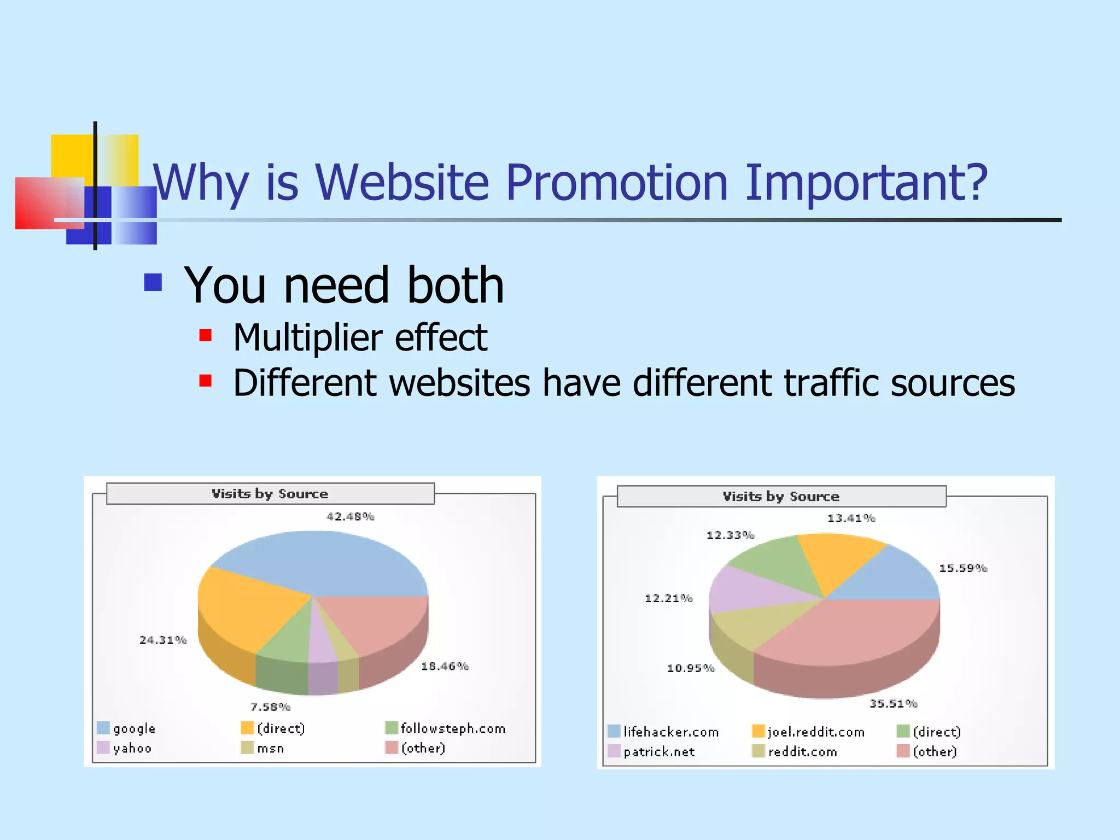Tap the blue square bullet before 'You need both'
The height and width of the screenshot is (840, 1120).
pyautogui.click(x=153, y=282)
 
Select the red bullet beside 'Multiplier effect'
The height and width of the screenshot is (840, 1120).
pyautogui.click(x=205, y=335)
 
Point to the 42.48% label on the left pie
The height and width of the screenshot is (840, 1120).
pyautogui.click(x=350, y=517)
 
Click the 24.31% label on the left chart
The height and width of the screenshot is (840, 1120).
pyautogui.click(x=163, y=640)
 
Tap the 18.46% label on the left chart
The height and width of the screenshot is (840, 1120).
pyautogui.click(x=445, y=666)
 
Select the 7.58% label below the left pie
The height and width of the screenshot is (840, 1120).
pyautogui.click(x=270, y=707)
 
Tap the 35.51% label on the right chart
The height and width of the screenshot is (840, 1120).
pyautogui.click(x=893, y=704)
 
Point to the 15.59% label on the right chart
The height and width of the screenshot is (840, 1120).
pyautogui.click(x=962, y=568)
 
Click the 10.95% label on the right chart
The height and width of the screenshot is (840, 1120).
pyautogui.click(x=691, y=668)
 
